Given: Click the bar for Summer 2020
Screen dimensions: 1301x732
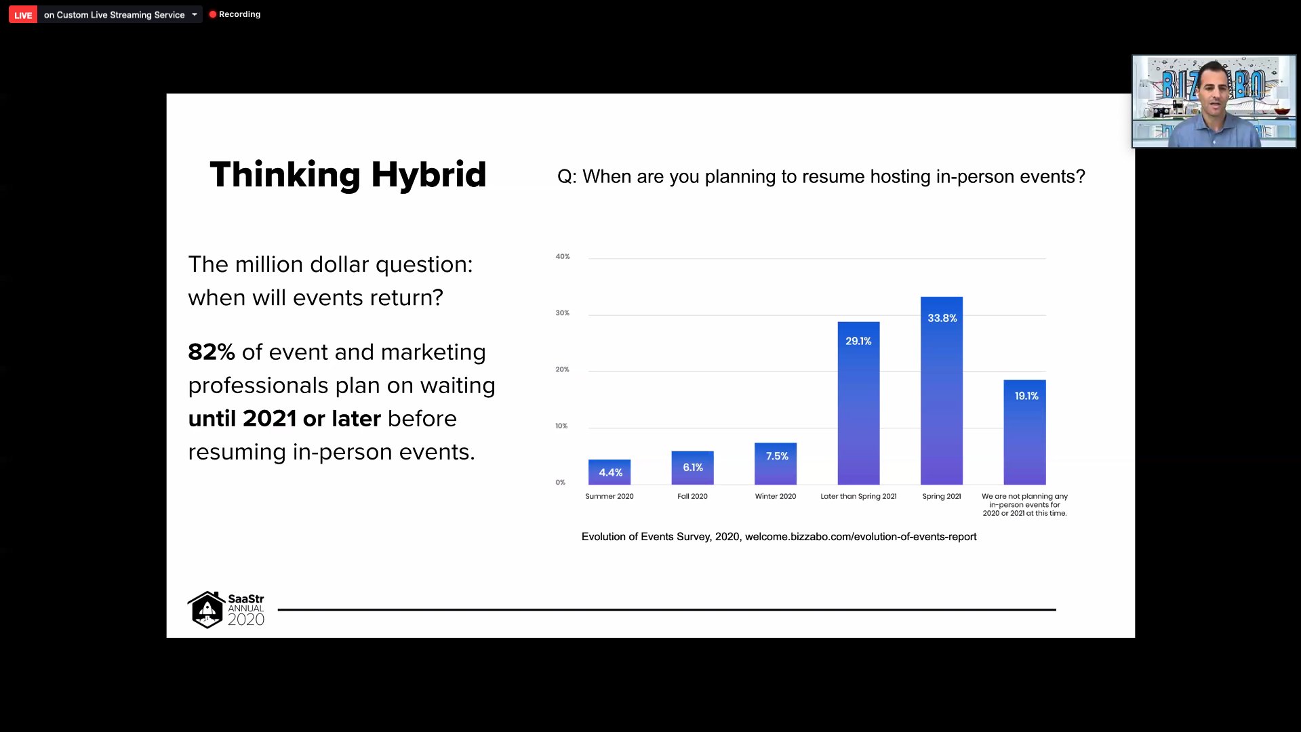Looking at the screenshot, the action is click(x=609, y=472).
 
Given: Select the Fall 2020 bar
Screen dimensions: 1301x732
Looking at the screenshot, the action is click(x=692, y=468).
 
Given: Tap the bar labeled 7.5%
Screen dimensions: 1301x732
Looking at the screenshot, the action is click(x=776, y=464).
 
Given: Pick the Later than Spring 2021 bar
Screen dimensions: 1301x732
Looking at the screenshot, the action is click(x=858, y=403).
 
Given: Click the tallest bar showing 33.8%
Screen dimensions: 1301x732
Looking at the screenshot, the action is click(x=942, y=390).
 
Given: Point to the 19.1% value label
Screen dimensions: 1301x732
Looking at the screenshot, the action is click(x=1026, y=396).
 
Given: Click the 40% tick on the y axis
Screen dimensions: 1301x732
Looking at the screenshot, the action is click(x=563, y=256).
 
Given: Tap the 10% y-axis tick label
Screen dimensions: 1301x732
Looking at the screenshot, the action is click(x=561, y=426).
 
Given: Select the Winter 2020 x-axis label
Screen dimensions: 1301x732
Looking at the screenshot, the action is click(x=776, y=496).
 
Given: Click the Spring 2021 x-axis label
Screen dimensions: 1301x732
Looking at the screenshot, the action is click(x=942, y=496).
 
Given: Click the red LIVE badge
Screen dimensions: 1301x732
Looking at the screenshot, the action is click(x=23, y=15).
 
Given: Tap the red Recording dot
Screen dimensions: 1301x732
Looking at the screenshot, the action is click(x=213, y=14).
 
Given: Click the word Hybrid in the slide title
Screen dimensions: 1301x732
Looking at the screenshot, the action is click(x=428, y=175).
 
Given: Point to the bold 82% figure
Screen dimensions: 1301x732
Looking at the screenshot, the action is click(x=212, y=352).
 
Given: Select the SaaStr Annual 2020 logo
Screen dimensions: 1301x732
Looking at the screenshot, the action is click(x=226, y=609).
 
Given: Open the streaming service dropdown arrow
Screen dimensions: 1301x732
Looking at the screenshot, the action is click(x=195, y=14).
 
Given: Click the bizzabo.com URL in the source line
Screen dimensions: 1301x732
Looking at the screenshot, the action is click(x=861, y=537).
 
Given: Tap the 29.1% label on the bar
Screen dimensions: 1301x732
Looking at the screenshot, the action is click(x=858, y=341).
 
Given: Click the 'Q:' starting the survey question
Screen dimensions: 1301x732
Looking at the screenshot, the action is click(x=567, y=177).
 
